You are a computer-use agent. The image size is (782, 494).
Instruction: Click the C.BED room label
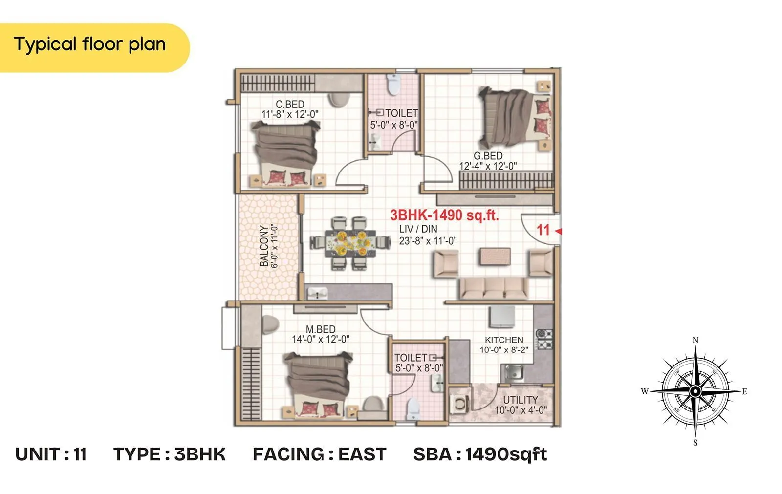pyautogui.click(x=290, y=104)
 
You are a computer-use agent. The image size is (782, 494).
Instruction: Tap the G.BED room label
pyautogui.click(x=488, y=156)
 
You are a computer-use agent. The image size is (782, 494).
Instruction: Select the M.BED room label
pyautogui.click(x=321, y=329)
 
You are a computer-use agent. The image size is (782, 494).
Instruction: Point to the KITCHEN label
pyautogui.click(x=504, y=340)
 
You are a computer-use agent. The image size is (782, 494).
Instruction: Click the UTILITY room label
pyautogui.click(x=521, y=400)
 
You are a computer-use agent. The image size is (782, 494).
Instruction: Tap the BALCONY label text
pyautogui.click(x=264, y=246)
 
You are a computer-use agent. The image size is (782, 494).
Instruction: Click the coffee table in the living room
pyautogui.click(x=495, y=257)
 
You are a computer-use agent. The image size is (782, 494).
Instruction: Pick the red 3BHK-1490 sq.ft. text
pyautogui.click(x=444, y=215)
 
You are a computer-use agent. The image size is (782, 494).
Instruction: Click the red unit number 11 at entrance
pyautogui.click(x=543, y=230)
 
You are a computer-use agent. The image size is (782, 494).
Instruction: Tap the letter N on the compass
pyautogui.click(x=695, y=340)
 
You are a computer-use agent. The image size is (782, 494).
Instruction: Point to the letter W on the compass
pyautogui.click(x=645, y=391)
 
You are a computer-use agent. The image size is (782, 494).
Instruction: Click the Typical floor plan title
pyautogui.click(x=90, y=44)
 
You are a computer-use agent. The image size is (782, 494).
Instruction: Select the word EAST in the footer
pyautogui.click(x=362, y=454)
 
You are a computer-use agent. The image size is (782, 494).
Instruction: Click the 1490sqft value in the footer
pyautogui.click(x=506, y=454)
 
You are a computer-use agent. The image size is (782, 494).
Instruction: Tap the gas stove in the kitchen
pyautogui.click(x=544, y=339)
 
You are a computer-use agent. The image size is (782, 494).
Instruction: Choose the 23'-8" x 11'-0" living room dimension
pyautogui.click(x=428, y=240)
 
